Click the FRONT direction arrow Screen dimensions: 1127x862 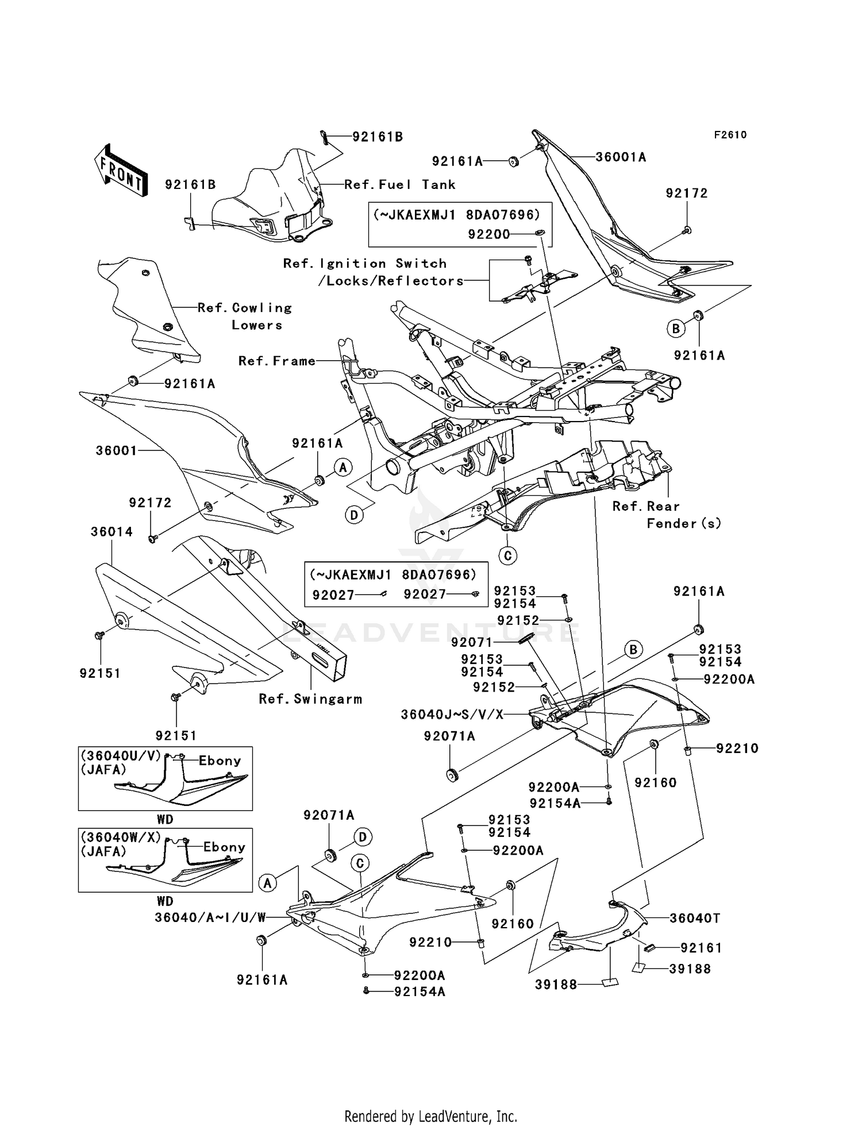pos(121,171)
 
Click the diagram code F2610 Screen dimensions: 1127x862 pos(730,135)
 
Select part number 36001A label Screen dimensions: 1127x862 pos(621,157)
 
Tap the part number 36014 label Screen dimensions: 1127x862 pos(111,532)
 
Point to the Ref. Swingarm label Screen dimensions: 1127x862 pos(310,699)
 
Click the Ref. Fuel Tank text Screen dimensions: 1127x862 pos(400,185)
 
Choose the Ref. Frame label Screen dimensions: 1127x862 pos(277,361)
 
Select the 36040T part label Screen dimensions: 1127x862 pos(695,918)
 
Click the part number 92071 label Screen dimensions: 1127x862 pos(472,642)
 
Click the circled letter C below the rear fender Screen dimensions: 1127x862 pos(507,555)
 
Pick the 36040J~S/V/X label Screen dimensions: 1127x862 pos(452,715)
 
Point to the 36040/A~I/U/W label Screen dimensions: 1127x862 pos(210,918)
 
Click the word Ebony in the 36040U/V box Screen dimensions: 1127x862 pos(220,761)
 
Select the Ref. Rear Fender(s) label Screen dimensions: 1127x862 pos(667,515)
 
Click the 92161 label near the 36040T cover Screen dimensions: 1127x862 pos(701,948)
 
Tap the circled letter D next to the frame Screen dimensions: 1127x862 pos(355,515)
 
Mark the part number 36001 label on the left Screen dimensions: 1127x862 pos(116,451)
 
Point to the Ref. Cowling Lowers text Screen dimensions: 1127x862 pos(245,317)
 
